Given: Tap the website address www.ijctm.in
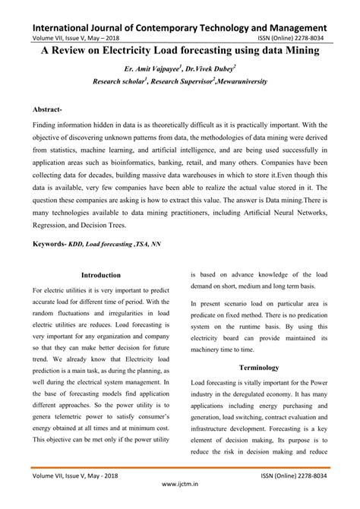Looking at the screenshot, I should pyautogui.click(x=180, y=503).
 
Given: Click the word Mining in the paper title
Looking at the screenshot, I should pyautogui.click(x=293, y=53).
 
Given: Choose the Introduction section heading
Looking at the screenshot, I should pyautogui.click(x=100, y=275).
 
